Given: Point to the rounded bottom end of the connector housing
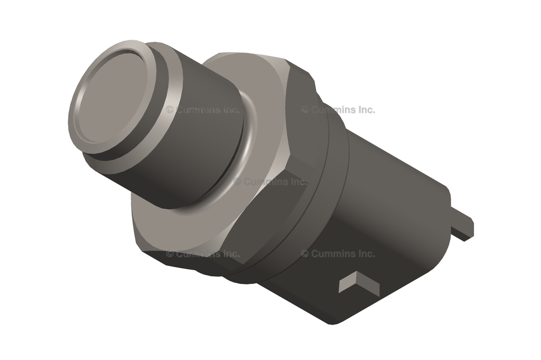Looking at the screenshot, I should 338,317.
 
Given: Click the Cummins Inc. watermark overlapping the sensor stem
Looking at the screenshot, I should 203,110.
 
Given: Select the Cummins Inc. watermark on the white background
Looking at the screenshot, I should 338,110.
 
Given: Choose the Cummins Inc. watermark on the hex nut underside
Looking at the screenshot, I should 203,254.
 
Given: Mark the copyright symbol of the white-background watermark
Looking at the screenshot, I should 305,110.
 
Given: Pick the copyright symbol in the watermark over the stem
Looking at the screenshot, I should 170,110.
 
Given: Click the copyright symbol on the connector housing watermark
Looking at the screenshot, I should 305,254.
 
